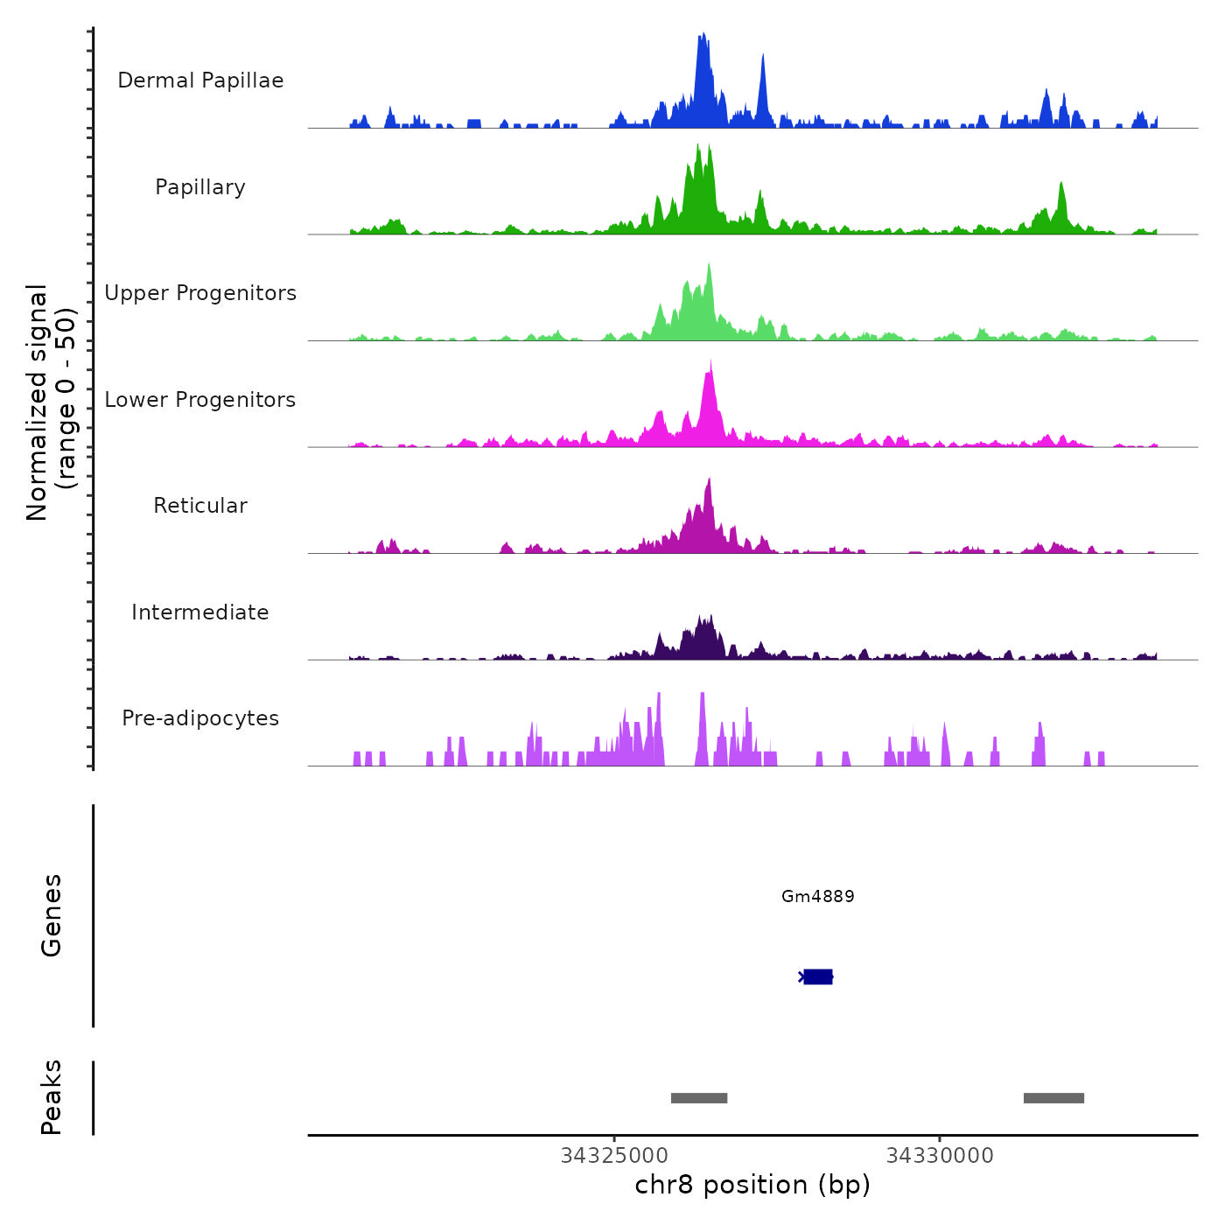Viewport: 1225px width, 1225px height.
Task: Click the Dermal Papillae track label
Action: (x=200, y=80)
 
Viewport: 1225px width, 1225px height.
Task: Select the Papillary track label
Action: (x=200, y=187)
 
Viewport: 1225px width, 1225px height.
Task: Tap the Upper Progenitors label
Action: (x=200, y=293)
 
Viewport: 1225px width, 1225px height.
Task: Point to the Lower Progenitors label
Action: (x=200, y=400)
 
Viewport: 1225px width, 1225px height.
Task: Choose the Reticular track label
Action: (x=200, y=506)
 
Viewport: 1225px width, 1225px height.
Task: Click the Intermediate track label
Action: (x=200, y=612)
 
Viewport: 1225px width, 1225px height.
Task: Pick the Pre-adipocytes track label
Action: (x=200, y=718)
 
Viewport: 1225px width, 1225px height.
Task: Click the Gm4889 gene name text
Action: (x=817, y=896)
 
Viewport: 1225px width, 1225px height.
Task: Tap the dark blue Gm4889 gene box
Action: (x=818, y=976)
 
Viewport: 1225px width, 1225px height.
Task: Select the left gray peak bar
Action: (x=699, y=1098)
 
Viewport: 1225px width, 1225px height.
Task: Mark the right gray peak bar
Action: (x=1053, y=1098)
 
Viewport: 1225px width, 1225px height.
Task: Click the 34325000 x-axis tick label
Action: (x=614, y=1156)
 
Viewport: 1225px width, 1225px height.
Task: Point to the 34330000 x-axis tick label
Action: (x=940, y=1156)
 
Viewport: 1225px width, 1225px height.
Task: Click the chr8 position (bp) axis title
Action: (x=752, y=1185)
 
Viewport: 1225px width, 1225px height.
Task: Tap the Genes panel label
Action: (x=52, y=915)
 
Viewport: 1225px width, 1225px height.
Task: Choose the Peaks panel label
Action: (x=52, y=1097)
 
